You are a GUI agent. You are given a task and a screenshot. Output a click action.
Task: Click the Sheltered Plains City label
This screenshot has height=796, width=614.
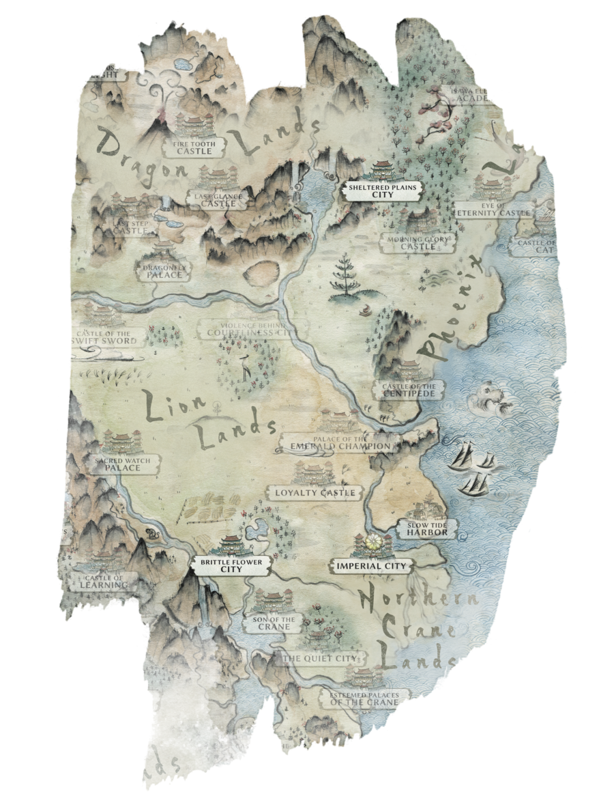383,190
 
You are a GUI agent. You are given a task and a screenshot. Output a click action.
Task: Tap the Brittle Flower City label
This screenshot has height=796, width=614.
232,565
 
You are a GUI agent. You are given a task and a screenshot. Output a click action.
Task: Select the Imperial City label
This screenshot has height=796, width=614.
370,566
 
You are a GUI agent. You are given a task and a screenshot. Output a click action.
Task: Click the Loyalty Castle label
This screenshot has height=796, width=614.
315,492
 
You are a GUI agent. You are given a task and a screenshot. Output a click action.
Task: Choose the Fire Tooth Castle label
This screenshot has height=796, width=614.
194,147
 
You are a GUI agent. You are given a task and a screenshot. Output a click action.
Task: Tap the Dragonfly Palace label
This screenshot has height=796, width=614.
163,271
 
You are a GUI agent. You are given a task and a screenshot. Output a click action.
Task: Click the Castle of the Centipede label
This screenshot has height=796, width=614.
409,390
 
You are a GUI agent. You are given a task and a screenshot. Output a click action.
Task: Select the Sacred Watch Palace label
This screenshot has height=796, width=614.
123,464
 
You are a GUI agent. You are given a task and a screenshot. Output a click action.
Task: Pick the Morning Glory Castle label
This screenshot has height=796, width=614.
418,243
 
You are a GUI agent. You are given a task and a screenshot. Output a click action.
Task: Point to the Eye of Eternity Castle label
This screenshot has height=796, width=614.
494,210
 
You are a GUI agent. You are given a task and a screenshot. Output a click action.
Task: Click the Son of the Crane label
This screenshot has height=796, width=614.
275,623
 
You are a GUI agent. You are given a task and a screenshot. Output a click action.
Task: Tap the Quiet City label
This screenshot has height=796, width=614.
320,658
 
